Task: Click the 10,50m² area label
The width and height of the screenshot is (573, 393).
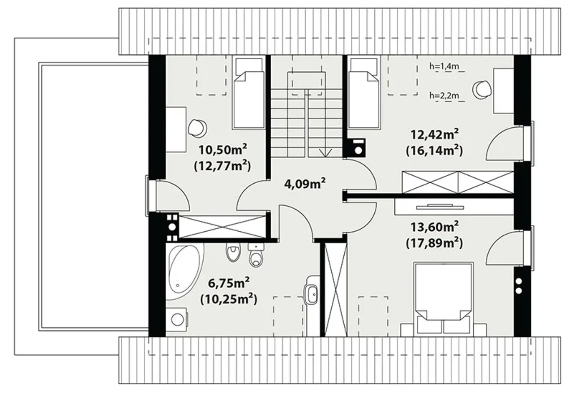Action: point(223,150)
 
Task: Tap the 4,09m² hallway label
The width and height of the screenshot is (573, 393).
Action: point(305,184)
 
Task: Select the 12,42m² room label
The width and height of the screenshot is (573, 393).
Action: point(434,134)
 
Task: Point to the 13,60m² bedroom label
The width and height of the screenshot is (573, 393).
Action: point(434,227)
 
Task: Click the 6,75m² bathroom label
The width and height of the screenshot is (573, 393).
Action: point(229,283)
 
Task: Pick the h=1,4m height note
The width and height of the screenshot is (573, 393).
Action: point(444,66)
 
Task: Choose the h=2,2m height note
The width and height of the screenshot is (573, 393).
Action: point(444,96)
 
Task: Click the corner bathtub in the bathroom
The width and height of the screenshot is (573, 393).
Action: point(185,272)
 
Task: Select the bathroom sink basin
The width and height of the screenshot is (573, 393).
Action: point(312,294)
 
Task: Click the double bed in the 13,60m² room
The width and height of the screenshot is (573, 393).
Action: point(443,298)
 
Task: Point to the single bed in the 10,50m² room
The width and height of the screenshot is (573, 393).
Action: point(248,93)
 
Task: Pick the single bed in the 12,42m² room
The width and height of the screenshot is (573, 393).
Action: point(363,93)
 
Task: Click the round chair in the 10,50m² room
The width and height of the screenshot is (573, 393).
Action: point(197,128)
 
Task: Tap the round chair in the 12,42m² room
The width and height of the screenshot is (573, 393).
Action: point(482,89)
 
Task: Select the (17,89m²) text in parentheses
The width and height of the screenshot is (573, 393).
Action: point(434,243)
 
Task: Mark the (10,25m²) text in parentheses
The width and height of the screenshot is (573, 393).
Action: point(229,299)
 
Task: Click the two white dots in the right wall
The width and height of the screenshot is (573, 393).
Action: point(519,286)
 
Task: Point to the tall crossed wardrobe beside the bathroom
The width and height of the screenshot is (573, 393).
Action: point(335,289)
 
